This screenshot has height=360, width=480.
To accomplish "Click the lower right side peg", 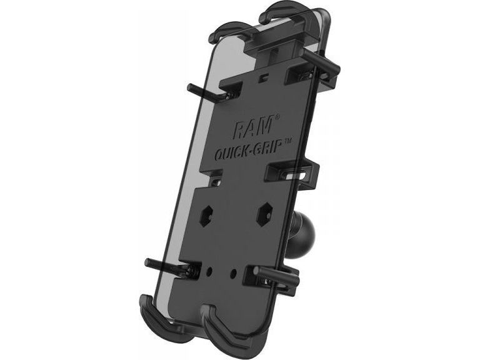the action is click(278, 274).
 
